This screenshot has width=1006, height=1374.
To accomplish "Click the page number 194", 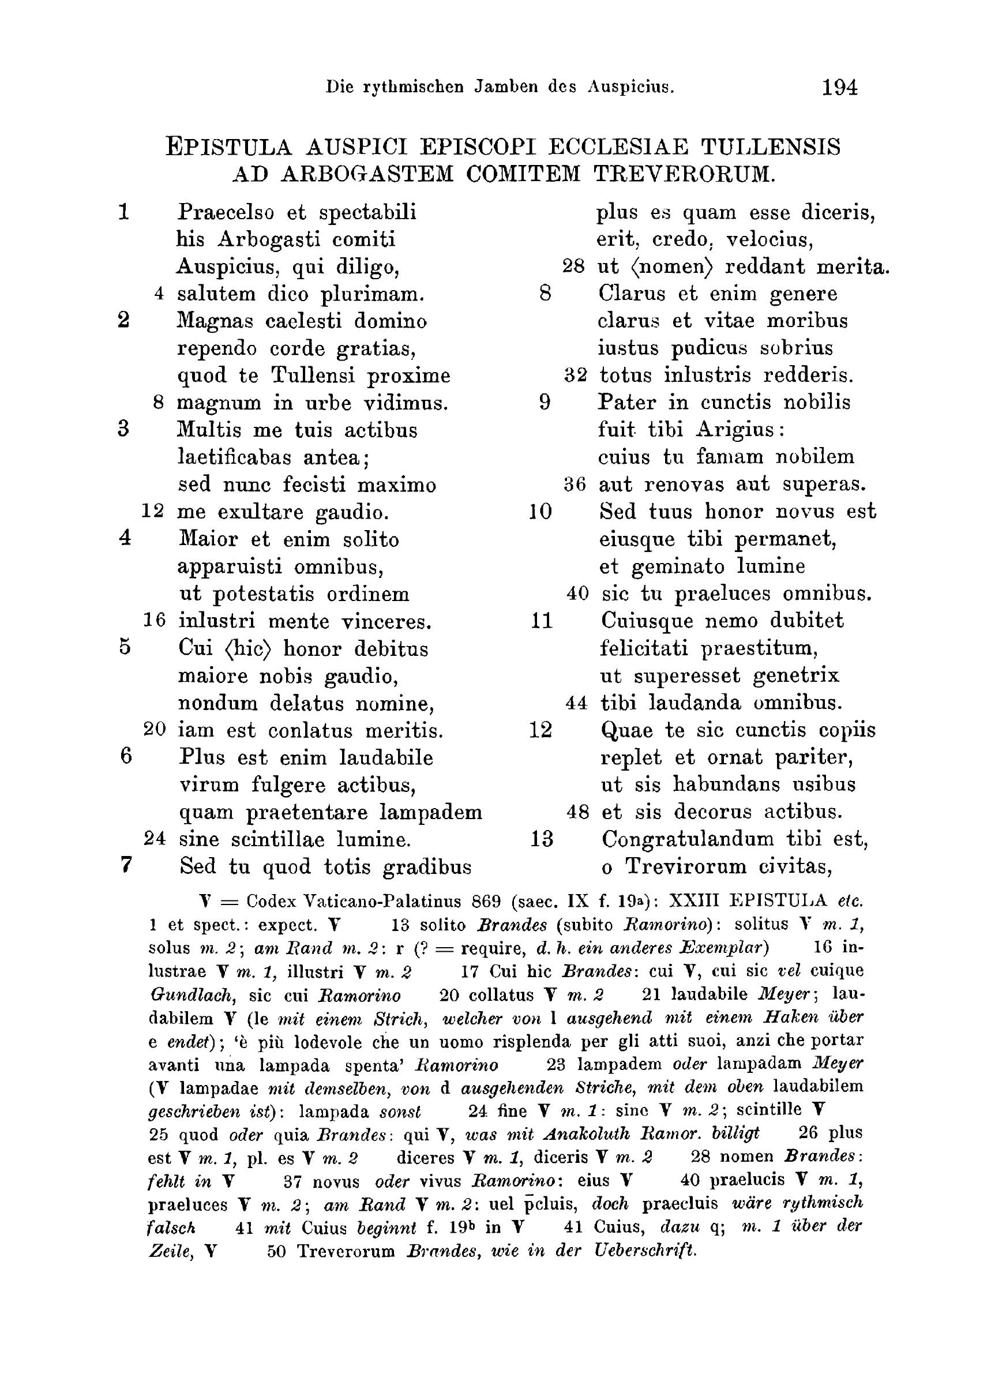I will (839, 88).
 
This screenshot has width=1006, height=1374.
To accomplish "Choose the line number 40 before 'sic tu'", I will (577, 594).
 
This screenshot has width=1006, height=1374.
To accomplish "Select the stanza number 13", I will (540, 839).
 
